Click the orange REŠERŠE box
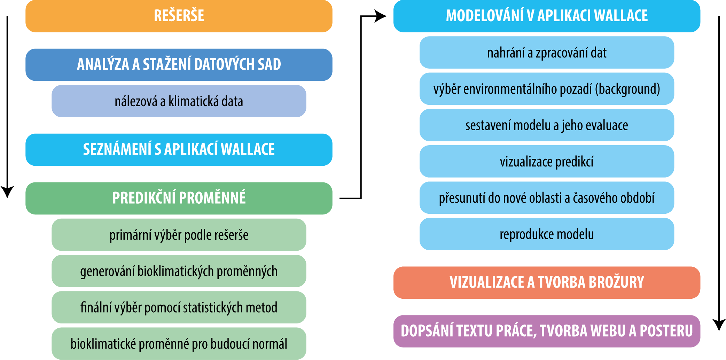coord(179,16)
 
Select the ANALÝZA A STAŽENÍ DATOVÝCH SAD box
coord(179,65)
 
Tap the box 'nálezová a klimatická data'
coord(179,101)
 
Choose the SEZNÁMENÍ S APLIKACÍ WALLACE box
coord(179,150)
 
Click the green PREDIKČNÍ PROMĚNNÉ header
coord(179,198)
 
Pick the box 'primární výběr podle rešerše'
coord(179,235)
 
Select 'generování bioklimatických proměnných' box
coord(179,271)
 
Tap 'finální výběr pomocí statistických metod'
coord(179,307)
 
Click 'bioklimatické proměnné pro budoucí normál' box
coord(179,344)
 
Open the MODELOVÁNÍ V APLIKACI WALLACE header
coord(547,16)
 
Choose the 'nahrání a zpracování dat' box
coord(547,53)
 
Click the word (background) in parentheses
coord(627,89)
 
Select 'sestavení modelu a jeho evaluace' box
coord(547,125)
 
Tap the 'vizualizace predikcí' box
coord(547,162)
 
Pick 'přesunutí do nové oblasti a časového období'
coord(547,198)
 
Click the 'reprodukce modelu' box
coord(547,234)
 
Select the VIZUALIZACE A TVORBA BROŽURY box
coord(547,283)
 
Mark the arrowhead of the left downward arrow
coord(7,192)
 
